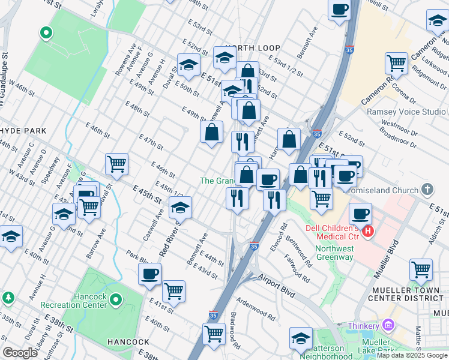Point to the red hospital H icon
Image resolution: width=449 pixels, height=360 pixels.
pyautogui.click(x=369, y=230)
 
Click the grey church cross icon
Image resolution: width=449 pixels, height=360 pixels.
pyautogui.click(x=427, y=190)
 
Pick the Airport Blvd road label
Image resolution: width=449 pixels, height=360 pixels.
pyautogui.click(x=277, y=278)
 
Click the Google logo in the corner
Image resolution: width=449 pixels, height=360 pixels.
pyautogui.click(x=20, y=353)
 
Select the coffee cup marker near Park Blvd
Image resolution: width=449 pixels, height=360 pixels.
pyautogui.click(x=149, y=274)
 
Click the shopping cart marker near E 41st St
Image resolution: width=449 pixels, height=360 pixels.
pyautogui.click(x=173, y=291)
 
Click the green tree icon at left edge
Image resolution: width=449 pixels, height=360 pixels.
pyautogui.click(x=8, y=298)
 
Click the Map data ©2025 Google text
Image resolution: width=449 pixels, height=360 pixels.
pyautogui.click(x=412, y=355)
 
